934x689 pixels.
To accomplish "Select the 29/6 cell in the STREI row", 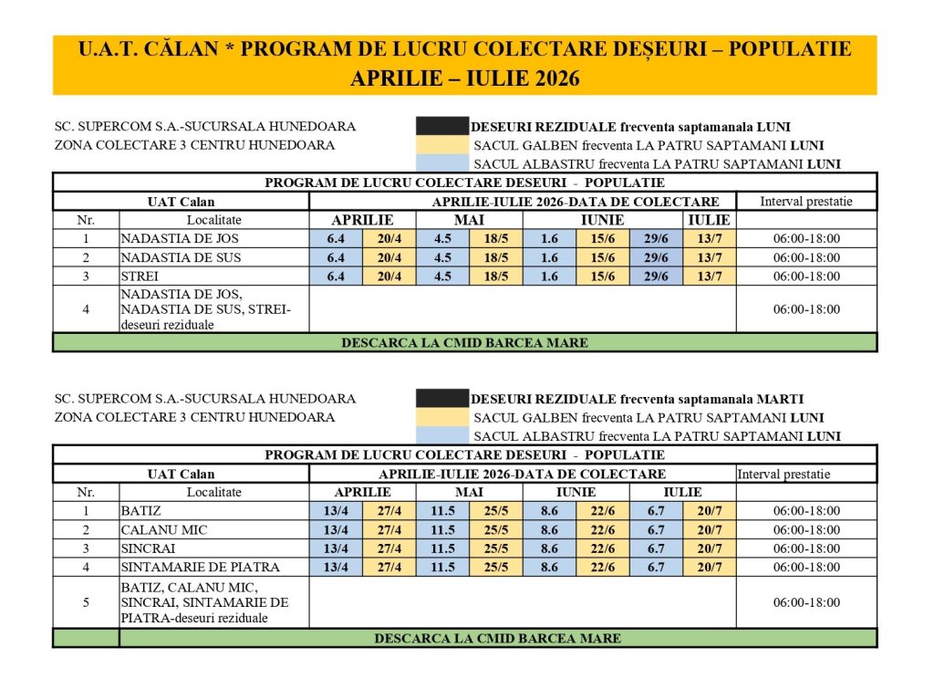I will click(657, 276).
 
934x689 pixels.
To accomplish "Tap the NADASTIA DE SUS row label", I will click(181, 257).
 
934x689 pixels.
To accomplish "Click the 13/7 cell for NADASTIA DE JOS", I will click(709, 238).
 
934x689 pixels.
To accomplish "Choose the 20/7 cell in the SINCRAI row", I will click(709, 548).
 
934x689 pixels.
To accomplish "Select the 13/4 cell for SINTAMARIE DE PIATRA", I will click(337, 567).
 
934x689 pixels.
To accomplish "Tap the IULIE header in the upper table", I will click(709, 220).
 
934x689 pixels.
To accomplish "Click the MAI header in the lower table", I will click(470, 492).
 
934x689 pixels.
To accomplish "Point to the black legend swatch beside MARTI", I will click(441, 399).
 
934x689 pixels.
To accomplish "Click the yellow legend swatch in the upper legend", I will click(441, 145).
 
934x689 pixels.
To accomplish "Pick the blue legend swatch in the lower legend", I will click(441, 436).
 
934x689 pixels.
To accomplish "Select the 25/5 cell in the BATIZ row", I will click(496, 511).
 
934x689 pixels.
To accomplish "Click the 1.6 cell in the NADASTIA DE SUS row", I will click(549, 257).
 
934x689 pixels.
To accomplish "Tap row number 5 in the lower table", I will click(86, 602).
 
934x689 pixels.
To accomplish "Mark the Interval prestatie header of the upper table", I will click(806, 201).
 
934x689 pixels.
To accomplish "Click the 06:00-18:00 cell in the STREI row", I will click(806, 276).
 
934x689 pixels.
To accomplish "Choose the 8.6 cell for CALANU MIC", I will click(549, 530).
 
